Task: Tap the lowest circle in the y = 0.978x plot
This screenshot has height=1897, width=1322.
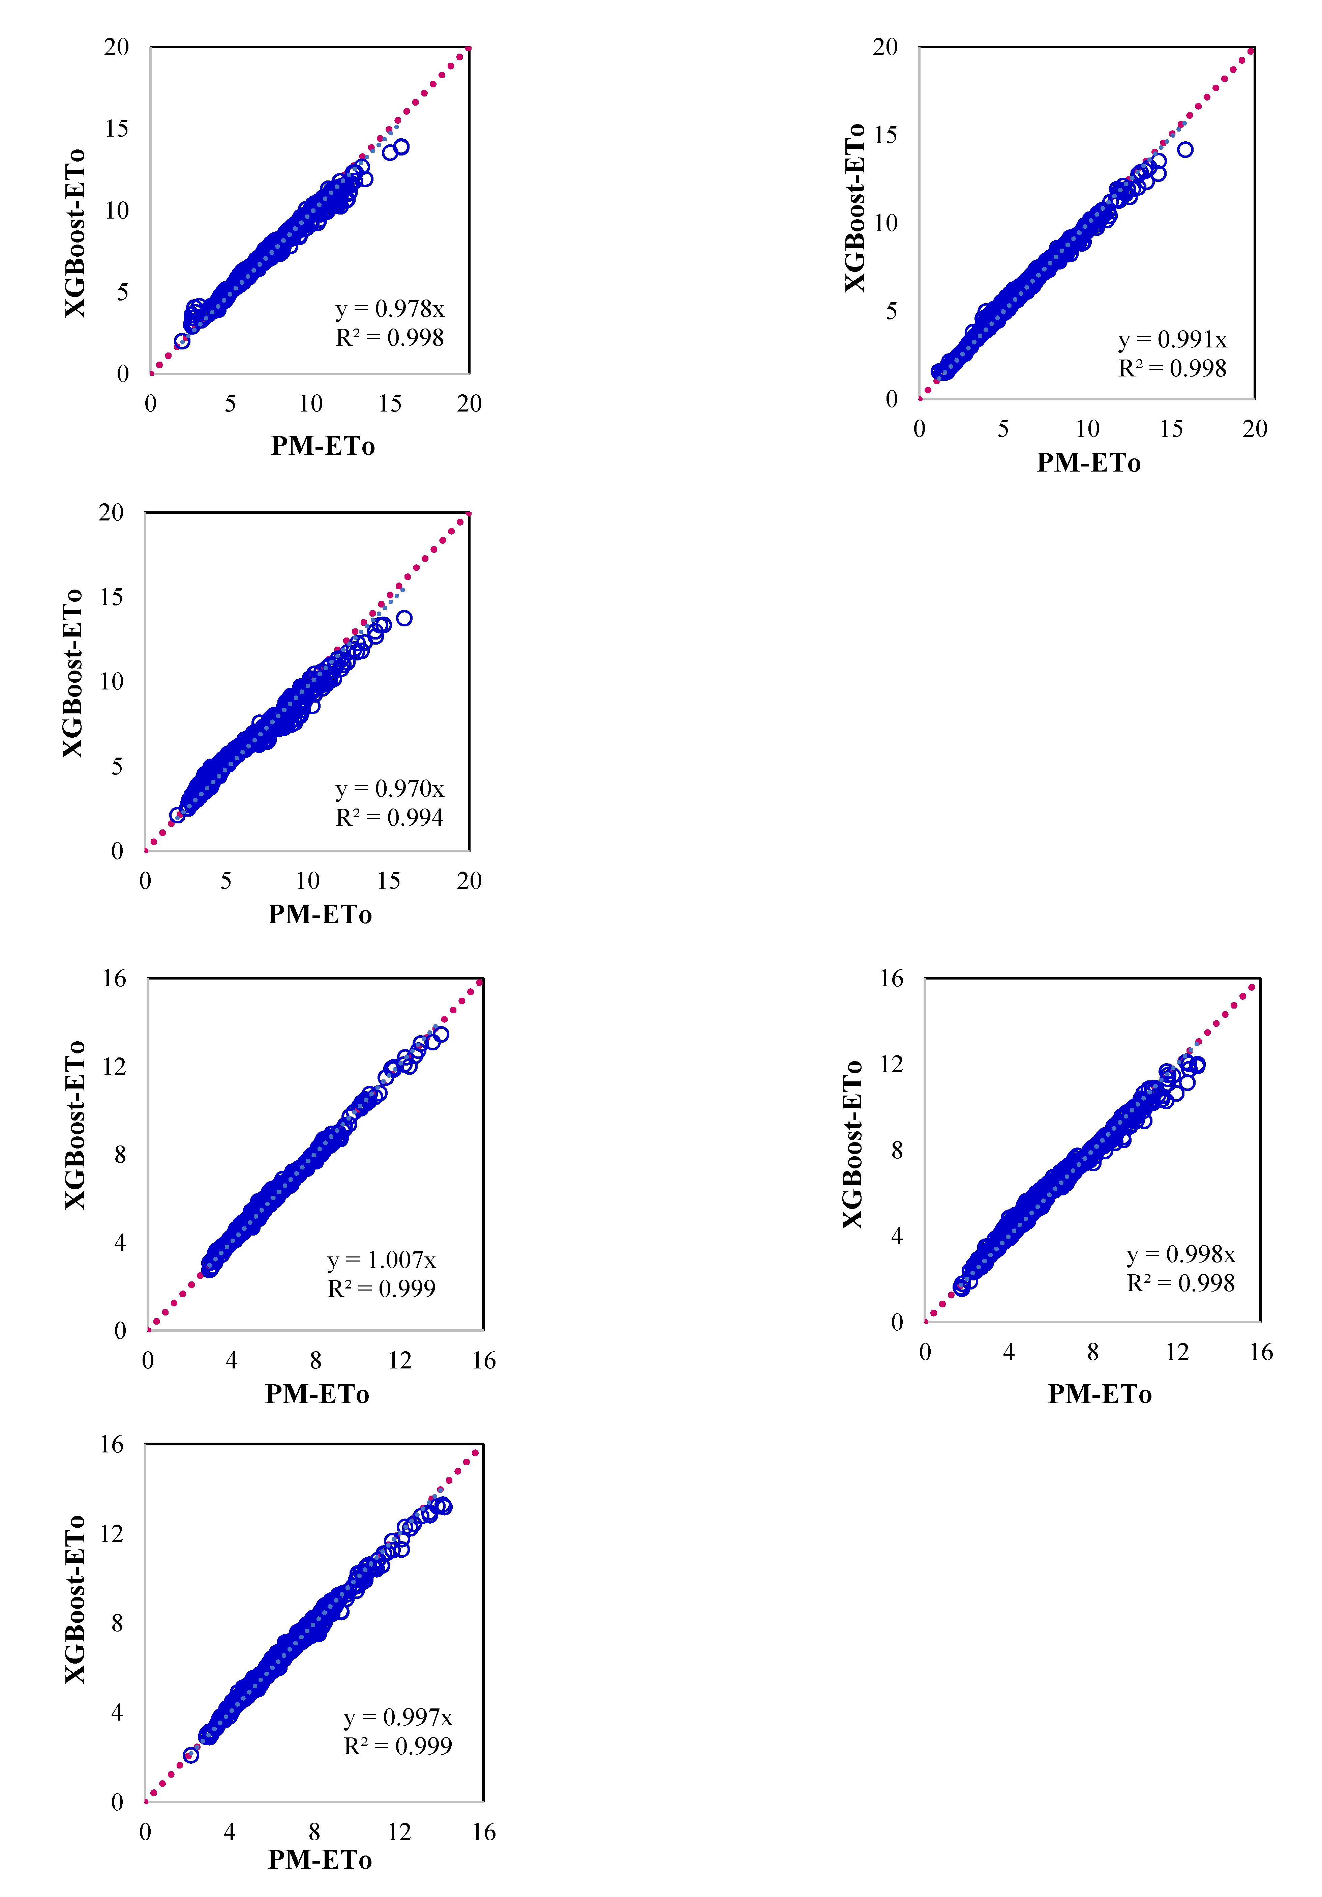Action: [182, 341]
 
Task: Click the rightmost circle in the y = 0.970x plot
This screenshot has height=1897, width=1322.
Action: [404, 618]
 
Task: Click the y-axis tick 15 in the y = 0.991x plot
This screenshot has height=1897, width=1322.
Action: [885, 135]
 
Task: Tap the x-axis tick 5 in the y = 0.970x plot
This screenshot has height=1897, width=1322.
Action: [226, 881]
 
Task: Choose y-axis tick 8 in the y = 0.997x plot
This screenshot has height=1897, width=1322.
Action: [117, 1623]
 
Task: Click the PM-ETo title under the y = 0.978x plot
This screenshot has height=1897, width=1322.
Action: [323, 446]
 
